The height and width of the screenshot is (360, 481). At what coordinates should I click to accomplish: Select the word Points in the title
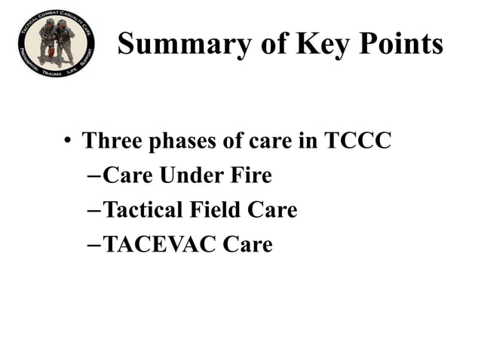400,45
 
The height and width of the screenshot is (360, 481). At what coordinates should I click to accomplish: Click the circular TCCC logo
57,44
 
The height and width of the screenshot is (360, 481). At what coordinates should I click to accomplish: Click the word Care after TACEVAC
248,245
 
